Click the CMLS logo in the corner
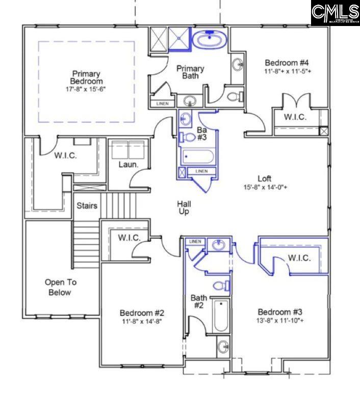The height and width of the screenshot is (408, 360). [x=335, y=13]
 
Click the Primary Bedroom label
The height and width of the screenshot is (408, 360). [x=86, y=77]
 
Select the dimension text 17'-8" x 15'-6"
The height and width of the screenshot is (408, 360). [x=86, y=89]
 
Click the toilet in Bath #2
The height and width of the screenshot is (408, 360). [x=221, y=286]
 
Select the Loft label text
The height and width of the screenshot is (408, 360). [x=264, y=178]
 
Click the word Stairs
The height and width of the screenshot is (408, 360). [x=87, y=206]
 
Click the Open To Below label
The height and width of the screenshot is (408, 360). [x=58, y=287]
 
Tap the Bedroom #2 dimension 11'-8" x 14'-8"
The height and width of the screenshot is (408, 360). [x=142, y=322]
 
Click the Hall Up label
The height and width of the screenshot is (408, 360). [x=184, y=208]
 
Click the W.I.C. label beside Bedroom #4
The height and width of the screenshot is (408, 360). [x=295, y=117]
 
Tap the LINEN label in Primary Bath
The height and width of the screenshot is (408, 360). [x=162, y=104]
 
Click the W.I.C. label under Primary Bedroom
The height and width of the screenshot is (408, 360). [x=65, y=156]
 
